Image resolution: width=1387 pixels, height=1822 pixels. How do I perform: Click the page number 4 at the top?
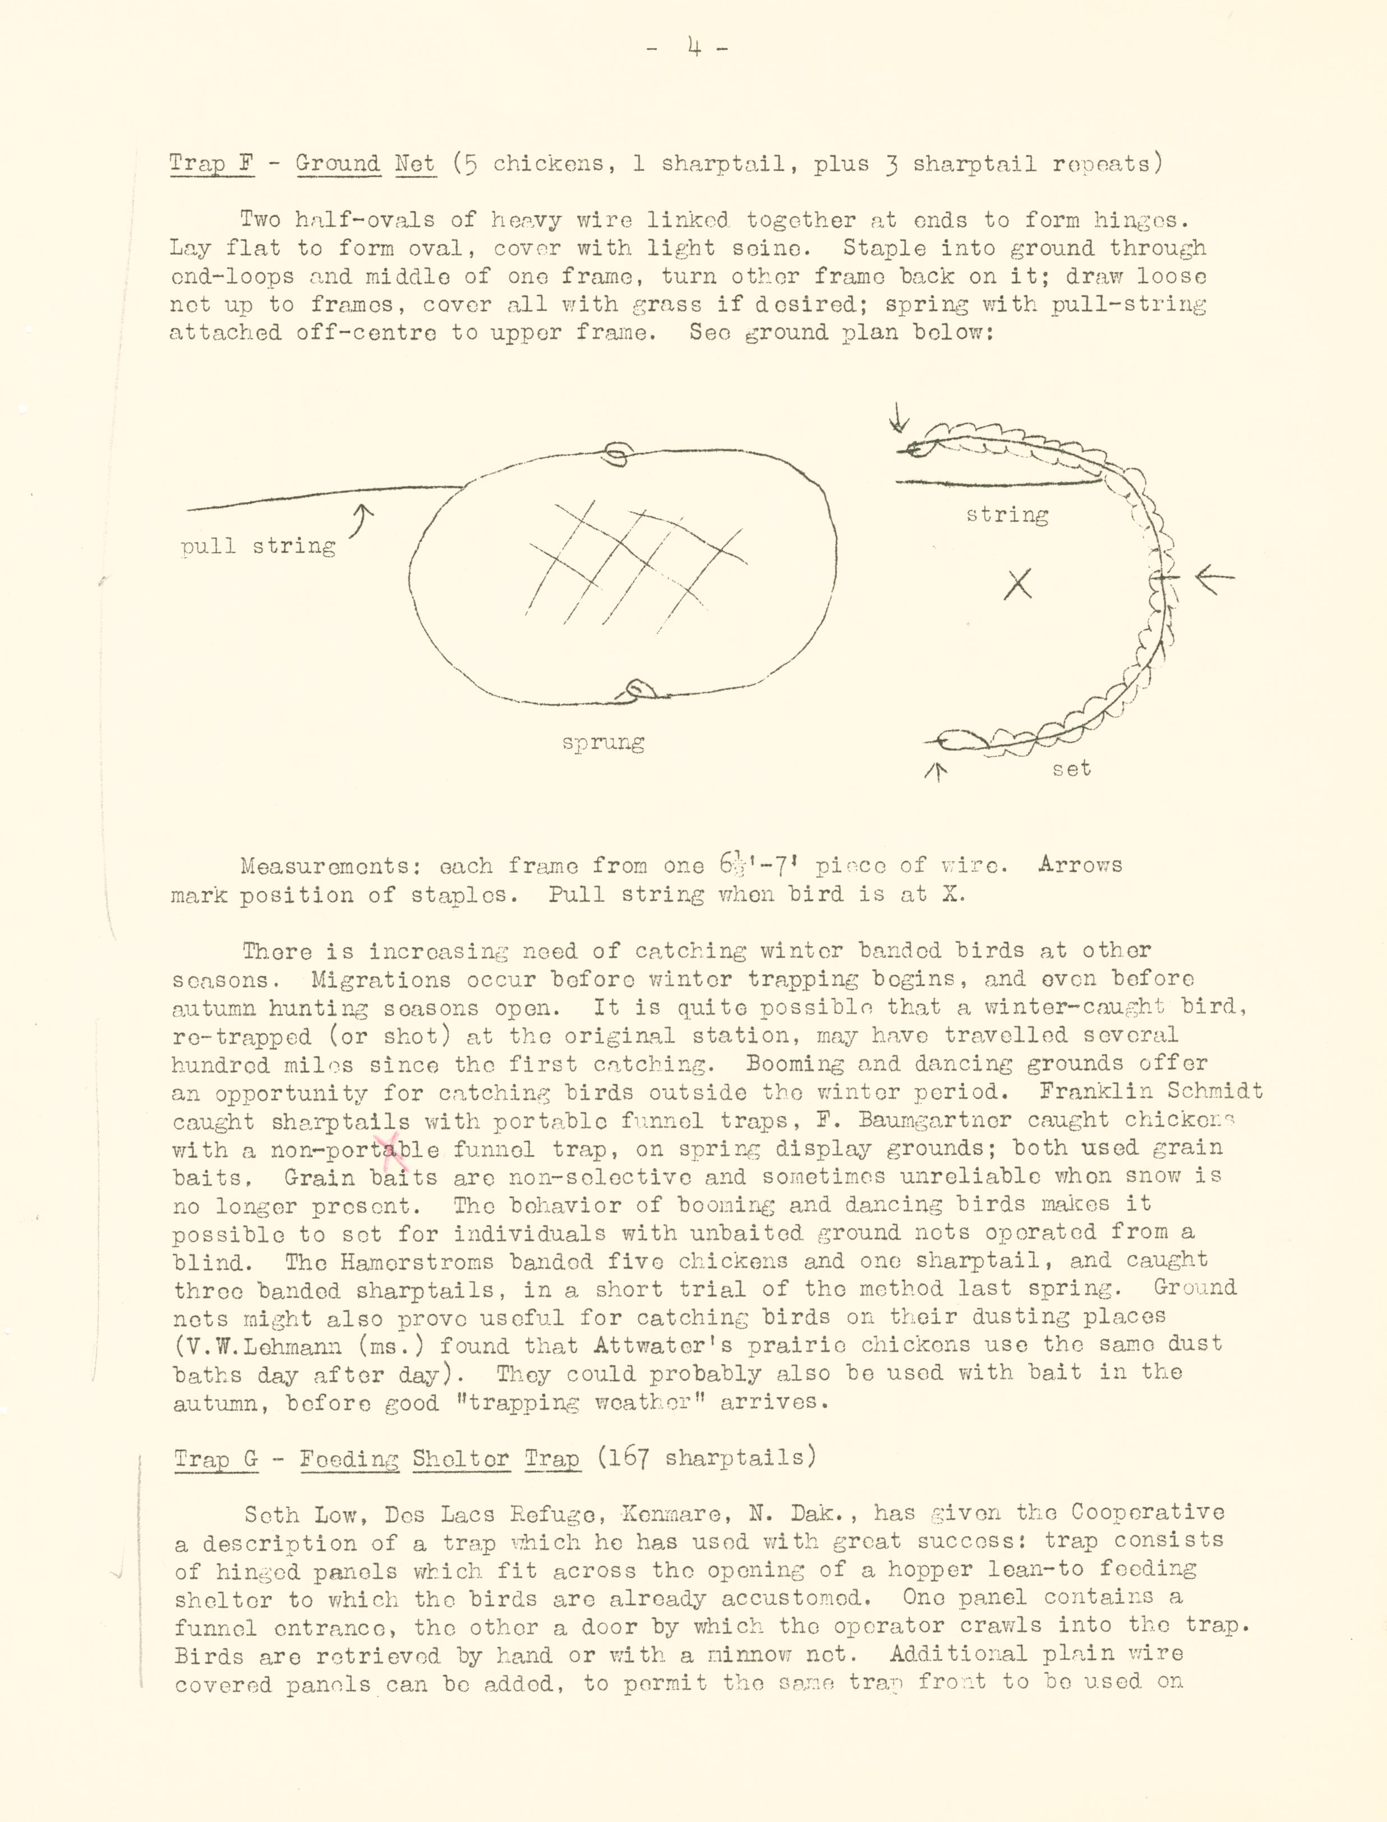[693, 49]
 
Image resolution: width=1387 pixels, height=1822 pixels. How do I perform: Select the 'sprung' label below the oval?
[603, 742]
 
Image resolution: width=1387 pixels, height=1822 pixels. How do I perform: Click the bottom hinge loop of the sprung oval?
[638, 691]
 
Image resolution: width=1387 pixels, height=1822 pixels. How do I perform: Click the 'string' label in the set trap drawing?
[1007, 515]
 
